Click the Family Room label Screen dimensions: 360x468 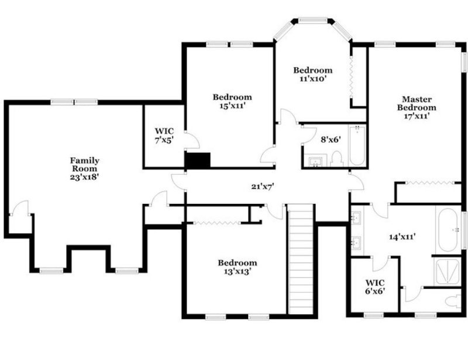point(84,168)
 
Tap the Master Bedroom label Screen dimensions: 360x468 point(416,107)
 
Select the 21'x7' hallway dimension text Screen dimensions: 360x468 point(263,186)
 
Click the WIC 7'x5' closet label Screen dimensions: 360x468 point(164,136)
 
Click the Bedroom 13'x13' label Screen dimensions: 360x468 point(237,267)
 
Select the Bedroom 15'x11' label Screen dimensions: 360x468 point(232,101)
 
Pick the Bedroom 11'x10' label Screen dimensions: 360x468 point(312,74)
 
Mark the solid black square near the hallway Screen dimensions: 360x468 point(197,160)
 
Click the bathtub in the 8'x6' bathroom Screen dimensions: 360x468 point(357,146)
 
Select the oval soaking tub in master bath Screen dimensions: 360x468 point(449,230)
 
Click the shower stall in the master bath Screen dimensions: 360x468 point(448,271)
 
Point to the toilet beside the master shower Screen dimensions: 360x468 point(451,302)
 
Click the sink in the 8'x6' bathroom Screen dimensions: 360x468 point(316,161)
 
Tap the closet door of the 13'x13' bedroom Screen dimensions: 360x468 point(216,223)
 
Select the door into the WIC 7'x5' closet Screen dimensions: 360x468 point(191,140)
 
